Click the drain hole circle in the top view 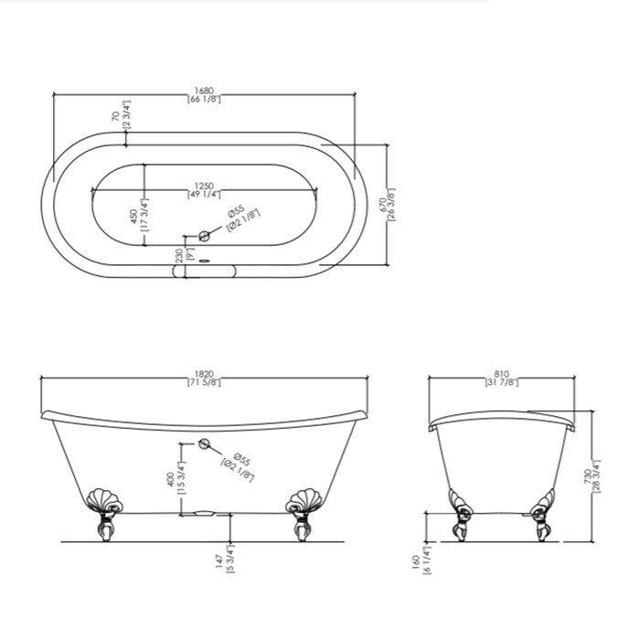pos(205,238)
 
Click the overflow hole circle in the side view pos(205,444)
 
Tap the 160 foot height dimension pos(417,565)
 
